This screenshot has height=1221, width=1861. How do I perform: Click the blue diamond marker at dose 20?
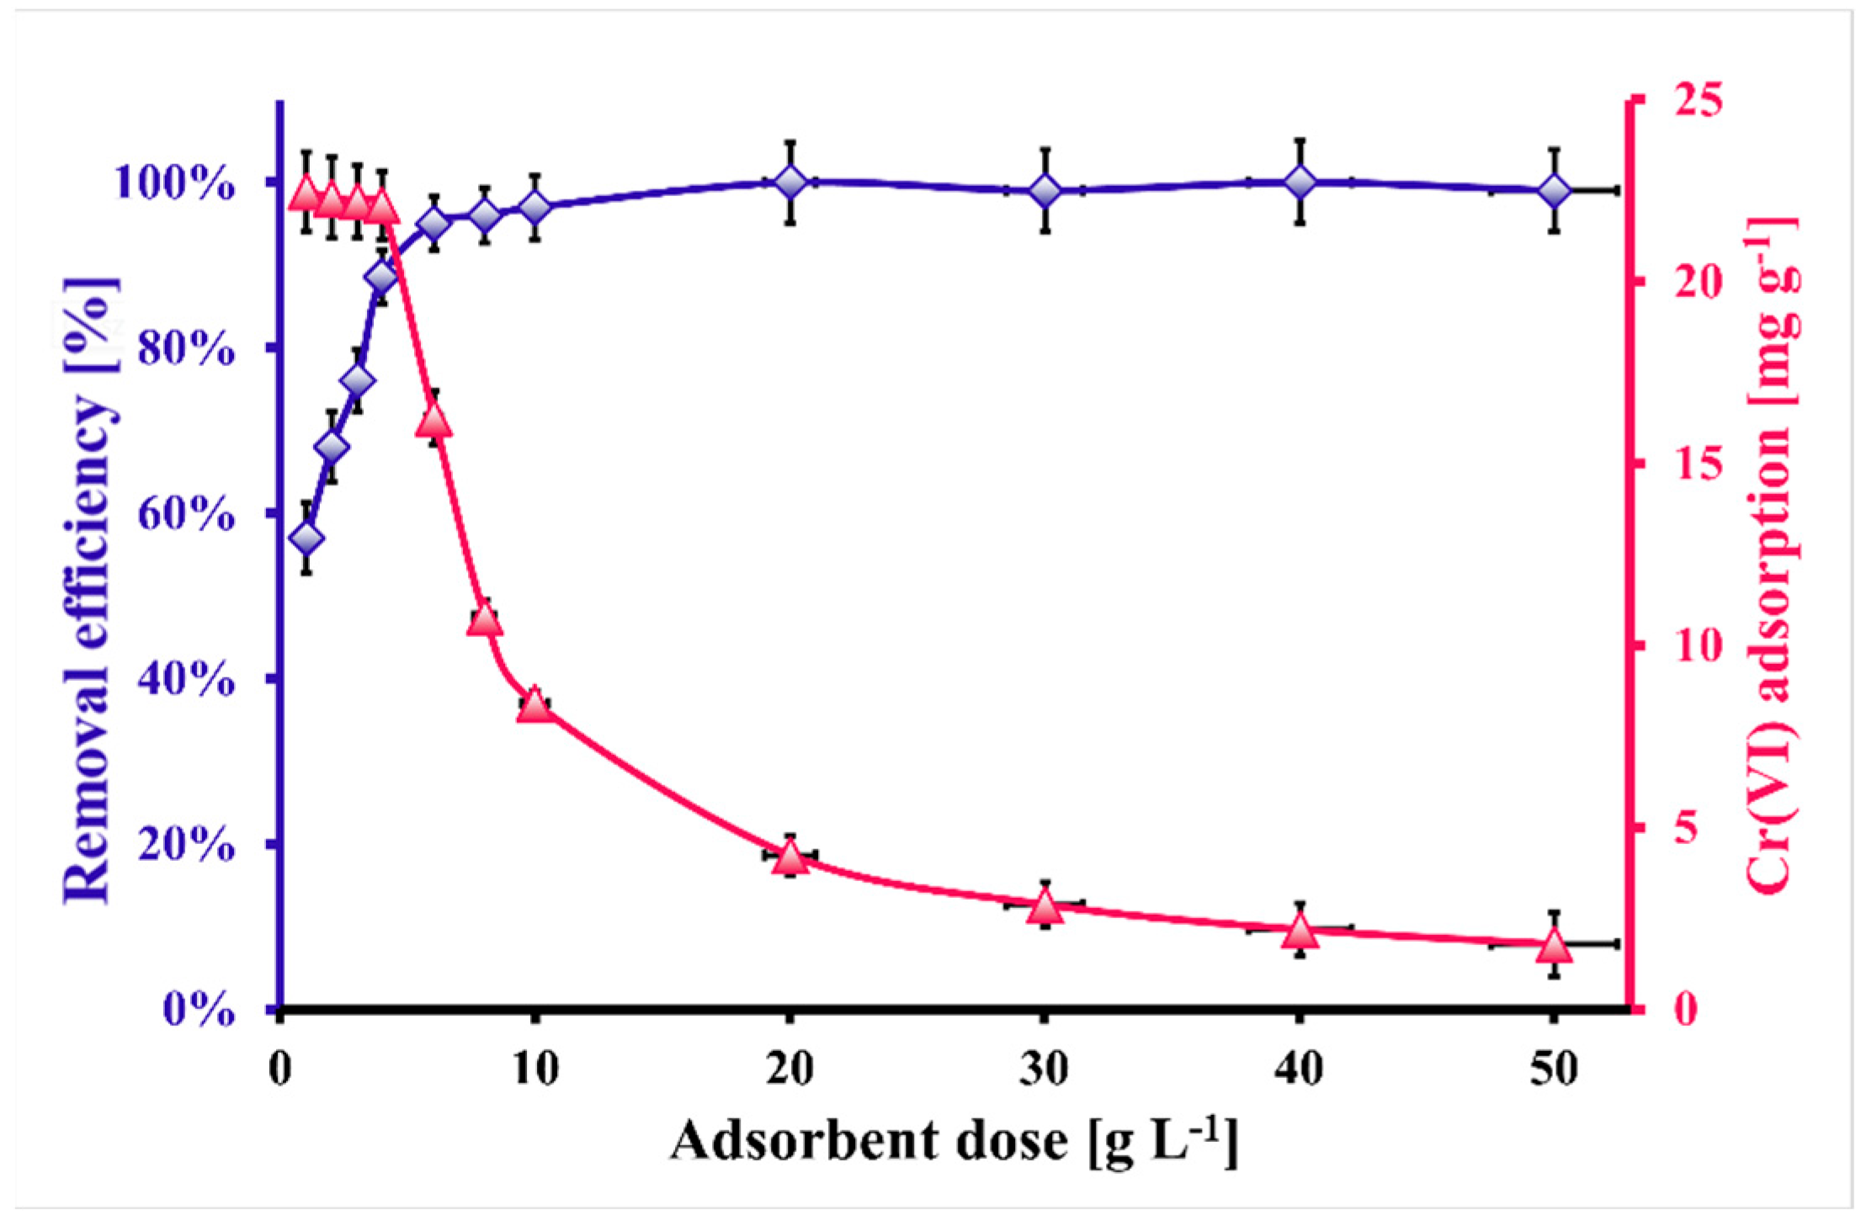pos(790,182)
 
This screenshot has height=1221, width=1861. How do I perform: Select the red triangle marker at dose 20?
pos(790,859)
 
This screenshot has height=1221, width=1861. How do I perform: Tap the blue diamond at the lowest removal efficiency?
pos(306,538)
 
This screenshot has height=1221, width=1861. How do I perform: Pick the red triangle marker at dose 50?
pos(1554,948)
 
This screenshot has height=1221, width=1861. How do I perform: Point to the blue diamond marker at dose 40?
pos(1300,182)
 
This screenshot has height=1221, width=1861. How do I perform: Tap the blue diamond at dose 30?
pos(1045,191)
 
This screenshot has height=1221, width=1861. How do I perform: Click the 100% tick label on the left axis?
pos(175,183)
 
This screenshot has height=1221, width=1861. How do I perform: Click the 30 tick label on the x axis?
pos(1044,1070)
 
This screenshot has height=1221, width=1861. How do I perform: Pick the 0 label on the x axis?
pos(280,1070)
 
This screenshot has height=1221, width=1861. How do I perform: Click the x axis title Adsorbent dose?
pos(953,1142)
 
